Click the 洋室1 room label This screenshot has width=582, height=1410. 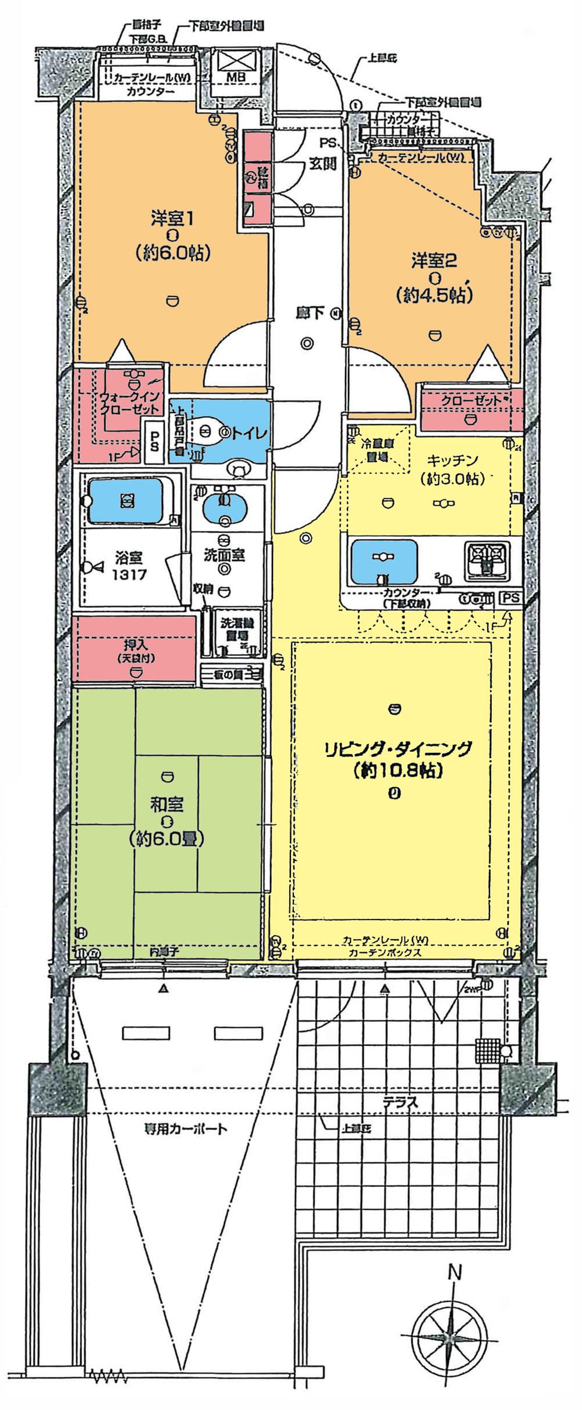(172, 219)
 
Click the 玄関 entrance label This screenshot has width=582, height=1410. (324, 163)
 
